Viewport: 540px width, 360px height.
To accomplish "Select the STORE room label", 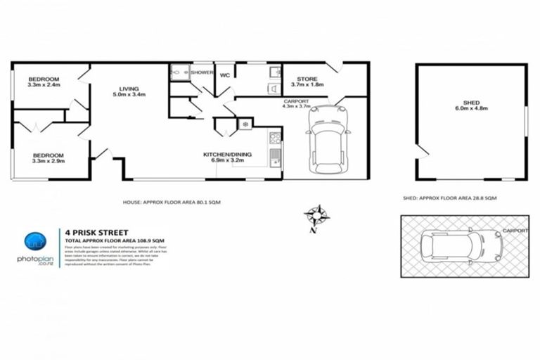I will (x=307, y=79).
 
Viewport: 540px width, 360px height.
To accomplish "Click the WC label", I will (x=225, y=75).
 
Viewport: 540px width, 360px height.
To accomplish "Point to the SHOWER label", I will (x=202, y=72).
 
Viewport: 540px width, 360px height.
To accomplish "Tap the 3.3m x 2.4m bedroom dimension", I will (x=44, y=85).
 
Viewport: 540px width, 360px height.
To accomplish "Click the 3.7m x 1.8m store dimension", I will (x=307, y=85).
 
